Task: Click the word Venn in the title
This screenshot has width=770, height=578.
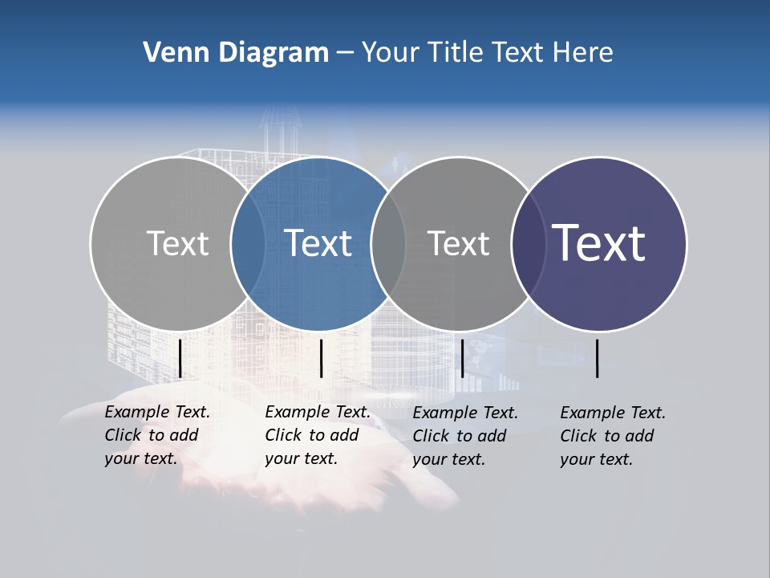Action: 172,53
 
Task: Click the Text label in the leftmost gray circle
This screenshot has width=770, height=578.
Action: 177,243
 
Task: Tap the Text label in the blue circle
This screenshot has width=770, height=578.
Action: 318,243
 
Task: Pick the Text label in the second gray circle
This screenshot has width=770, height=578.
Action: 458,243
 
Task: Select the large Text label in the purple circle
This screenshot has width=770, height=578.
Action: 599,243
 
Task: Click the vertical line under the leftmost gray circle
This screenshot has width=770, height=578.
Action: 180,358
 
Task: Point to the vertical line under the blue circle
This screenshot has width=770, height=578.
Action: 321,358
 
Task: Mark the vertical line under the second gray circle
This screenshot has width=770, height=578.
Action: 462,358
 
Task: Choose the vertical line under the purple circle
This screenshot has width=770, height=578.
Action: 598,358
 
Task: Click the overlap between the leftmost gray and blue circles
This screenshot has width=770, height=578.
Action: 249,243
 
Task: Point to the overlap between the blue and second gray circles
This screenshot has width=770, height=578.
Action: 388,243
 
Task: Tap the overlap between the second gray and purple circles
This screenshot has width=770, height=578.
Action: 528,243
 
